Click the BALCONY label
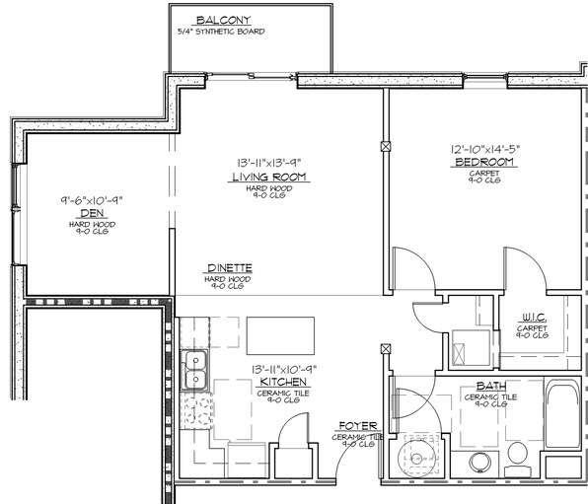pos(223,21)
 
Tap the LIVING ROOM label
pos(269,178)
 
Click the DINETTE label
pos(229,268)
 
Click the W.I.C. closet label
pos(534,318)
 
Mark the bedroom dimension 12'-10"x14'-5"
pos(484,150)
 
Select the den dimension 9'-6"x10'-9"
pos(92,201)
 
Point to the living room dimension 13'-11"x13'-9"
pos(269,164)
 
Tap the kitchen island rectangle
pos(280,333)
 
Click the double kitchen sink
pos(195,368)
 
